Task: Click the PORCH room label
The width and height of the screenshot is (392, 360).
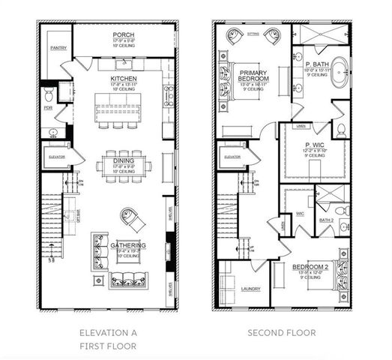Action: tap(123, 35)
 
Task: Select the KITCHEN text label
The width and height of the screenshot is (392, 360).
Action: tap(123, 78)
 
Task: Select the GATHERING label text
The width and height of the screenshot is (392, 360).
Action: tap(127, 246)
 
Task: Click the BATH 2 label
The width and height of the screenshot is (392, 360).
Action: tap(326, 220)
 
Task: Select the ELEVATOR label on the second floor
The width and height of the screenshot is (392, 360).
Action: tap(232, 157)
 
